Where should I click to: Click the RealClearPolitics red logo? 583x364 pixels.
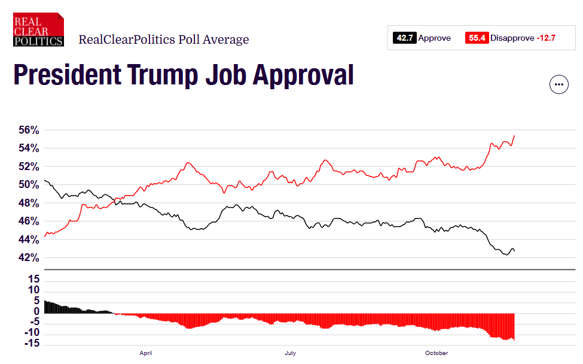click(x=38, y=29)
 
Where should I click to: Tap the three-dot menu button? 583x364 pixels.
click(x=558, y=84)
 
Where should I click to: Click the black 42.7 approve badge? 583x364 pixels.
click(x=404, y=38)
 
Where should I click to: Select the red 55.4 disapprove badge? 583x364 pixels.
click(x=477, y=38)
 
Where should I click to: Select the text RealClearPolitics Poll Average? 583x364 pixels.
click(x=164, y=40)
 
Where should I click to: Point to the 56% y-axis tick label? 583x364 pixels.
click(x=27, y=130)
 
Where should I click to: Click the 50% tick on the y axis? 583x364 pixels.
click(x=27, y=185)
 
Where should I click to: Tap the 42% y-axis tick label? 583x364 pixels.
click(x=27, y=258)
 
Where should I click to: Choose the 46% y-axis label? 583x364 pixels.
click(x=27, y=222)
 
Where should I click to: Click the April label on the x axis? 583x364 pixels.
click(x=145, y=353)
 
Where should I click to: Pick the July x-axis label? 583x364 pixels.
click(x=291, y=353)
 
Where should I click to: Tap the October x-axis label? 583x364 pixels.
click(x=437, y=353)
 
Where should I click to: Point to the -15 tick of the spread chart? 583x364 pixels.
click(x=32, y=344)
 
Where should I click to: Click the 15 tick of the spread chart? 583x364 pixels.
click(x=33, y=279)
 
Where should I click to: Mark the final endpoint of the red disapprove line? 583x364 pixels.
click(x=515, y=136)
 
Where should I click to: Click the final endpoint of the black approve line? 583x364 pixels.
click(x=514, y=251)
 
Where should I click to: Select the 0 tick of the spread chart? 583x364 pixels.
click(x=36, y=311)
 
